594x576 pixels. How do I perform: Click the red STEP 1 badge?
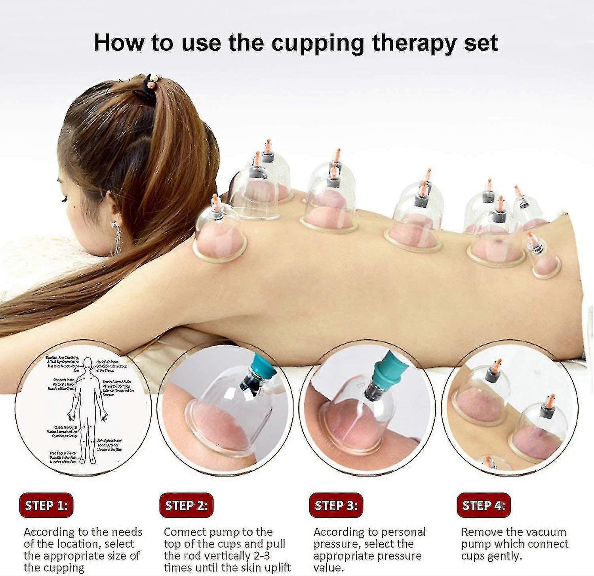point(46,505)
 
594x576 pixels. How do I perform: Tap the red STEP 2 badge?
point(186,505)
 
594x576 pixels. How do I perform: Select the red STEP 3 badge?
point(336,505)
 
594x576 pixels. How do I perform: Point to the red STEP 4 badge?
point(484,505)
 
